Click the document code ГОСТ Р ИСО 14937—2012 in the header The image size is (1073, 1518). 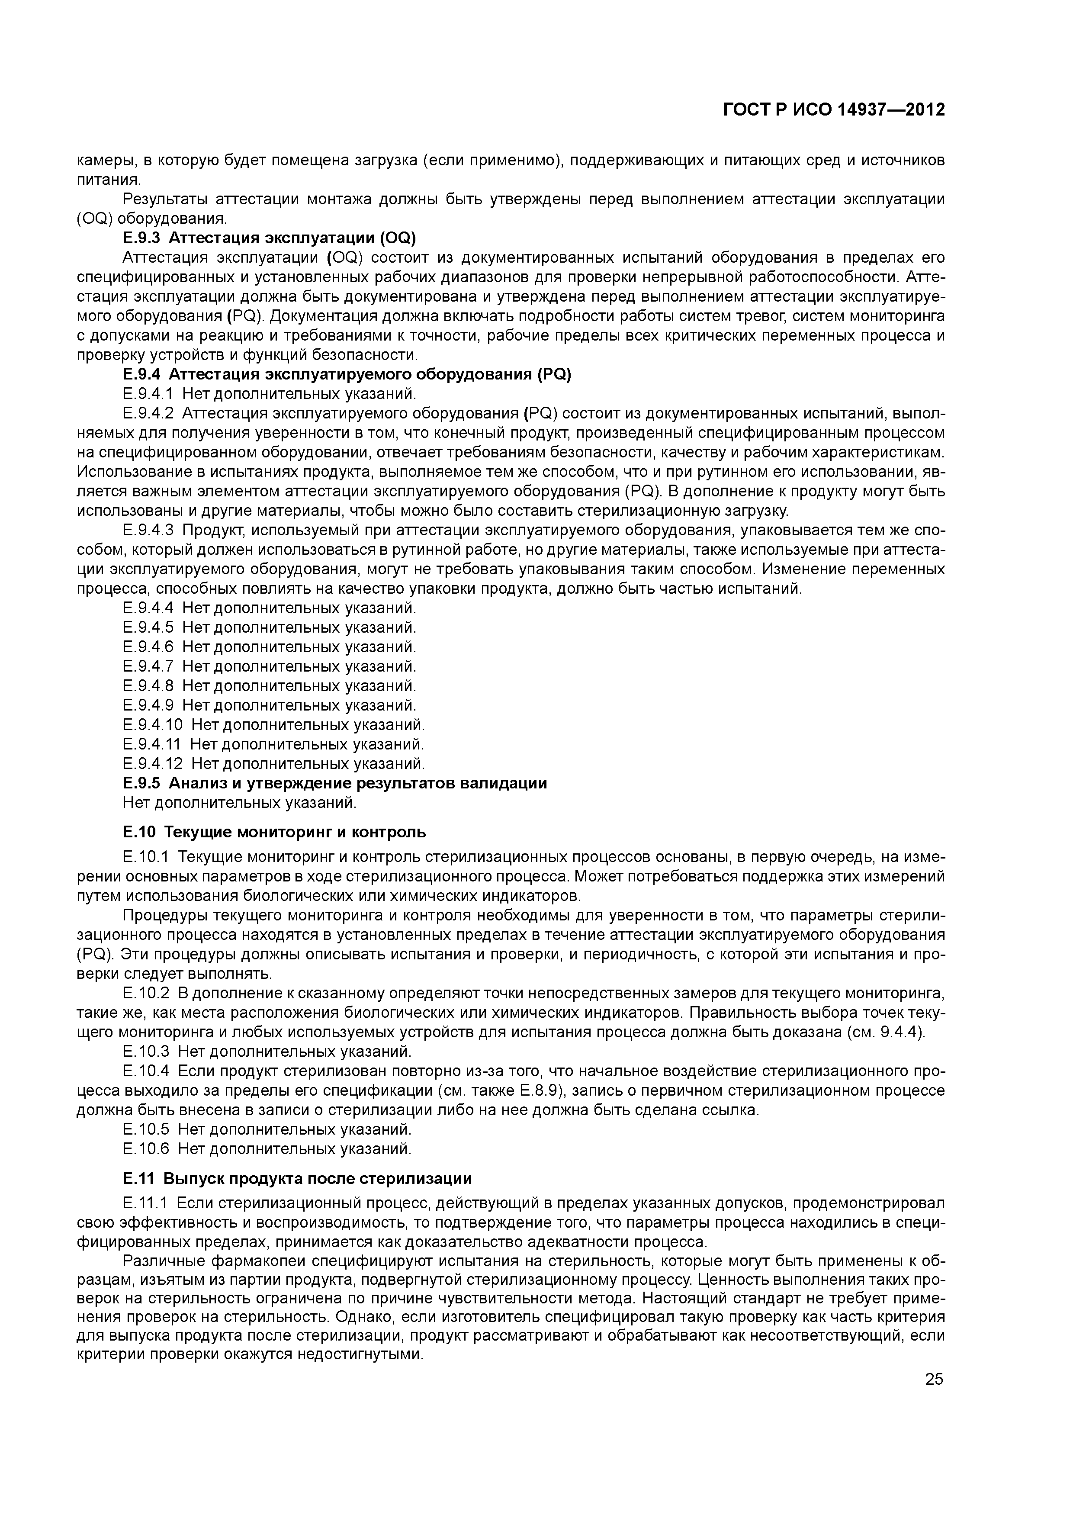coord(834,110)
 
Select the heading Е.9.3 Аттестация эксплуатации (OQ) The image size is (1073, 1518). coord(269,238)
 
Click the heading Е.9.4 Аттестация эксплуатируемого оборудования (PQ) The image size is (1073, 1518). coord(347,375)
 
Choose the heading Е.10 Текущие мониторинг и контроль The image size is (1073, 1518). coord(274,832)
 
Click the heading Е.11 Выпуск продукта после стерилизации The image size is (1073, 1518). coord(298,1179)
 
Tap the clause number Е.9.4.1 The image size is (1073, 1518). coord(148,394)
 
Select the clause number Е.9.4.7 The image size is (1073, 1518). coord(148,666)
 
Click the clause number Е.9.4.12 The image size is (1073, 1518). coord(152,764)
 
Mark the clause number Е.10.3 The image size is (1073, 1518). coord(146,1051)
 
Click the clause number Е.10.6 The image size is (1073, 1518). coord(146,1148)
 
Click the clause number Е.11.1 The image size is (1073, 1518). coord(145,1202)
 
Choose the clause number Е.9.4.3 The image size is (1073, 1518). coord(148,530)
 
